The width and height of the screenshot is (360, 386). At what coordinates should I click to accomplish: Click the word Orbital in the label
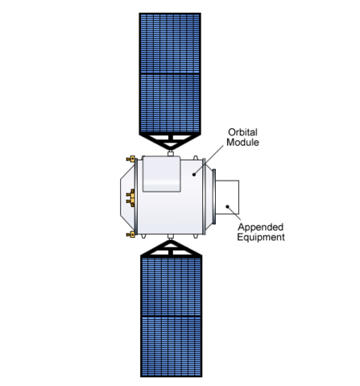click(242, 132)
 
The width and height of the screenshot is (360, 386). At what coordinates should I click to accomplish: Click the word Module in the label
click(242, 142)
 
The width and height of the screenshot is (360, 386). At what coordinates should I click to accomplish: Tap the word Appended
click(261, 227)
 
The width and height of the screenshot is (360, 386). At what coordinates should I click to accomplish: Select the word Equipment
click(261, 238)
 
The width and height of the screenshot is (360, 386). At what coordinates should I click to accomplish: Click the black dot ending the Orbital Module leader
click(194, 175)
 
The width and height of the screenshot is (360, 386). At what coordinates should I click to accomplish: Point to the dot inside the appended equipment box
click(227, 206)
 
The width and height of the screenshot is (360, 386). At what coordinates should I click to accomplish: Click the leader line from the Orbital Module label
click(209, 160)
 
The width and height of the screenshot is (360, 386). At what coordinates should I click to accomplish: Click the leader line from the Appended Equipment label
click(234, 214)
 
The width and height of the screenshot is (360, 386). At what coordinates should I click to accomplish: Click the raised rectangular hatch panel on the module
click(161, 174)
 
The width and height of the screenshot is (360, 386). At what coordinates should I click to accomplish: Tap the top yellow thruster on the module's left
click(130, 159)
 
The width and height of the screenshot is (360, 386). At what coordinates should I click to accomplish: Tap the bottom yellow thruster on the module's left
click(130, 235)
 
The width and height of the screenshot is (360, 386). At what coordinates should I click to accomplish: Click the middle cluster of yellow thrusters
click(130, 197)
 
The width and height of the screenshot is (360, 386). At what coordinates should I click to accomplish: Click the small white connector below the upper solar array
click(171, 154)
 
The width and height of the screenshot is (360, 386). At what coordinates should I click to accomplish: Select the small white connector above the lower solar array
click(171, 237)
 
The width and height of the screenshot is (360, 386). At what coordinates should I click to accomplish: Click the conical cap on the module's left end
click(127, 196)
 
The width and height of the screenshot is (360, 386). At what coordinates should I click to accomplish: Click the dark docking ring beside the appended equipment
click(213, 197)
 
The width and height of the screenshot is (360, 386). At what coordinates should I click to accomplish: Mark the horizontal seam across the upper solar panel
click(170, 73)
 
